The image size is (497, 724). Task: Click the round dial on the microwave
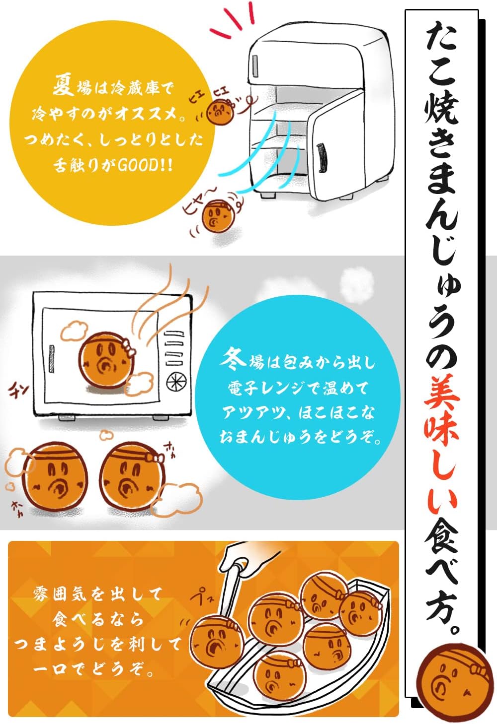pyautogui.click(x=177, y=383)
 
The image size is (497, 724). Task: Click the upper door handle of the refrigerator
pyautogui.click(x=255, y=64)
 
